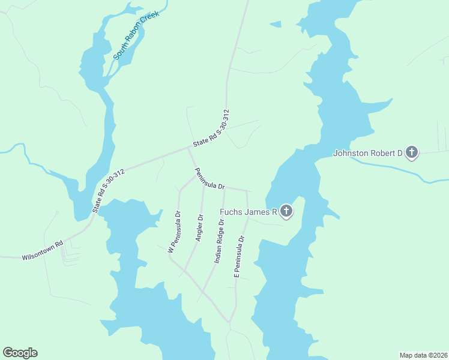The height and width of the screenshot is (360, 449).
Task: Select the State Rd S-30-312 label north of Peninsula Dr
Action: tap(211, 128)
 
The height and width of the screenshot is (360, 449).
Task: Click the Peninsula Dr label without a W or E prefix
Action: tap(209, 179)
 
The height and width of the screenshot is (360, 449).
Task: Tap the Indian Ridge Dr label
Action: tap(220, 241)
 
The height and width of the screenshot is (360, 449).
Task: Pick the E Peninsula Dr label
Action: tap(239, 256)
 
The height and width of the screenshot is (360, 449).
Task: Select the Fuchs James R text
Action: tap(247, 212)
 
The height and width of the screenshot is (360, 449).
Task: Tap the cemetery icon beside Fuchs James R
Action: tap(286, 211)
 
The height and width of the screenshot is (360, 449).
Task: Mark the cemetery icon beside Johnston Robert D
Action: tap(411, 152)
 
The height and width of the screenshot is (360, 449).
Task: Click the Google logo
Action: tap(20, 353)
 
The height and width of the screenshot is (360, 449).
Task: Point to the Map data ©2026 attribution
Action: tap(423, 355)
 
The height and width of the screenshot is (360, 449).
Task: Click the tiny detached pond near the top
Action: tap(276, 25)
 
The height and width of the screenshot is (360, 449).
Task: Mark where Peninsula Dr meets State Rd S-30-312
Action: tap(188, 148)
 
